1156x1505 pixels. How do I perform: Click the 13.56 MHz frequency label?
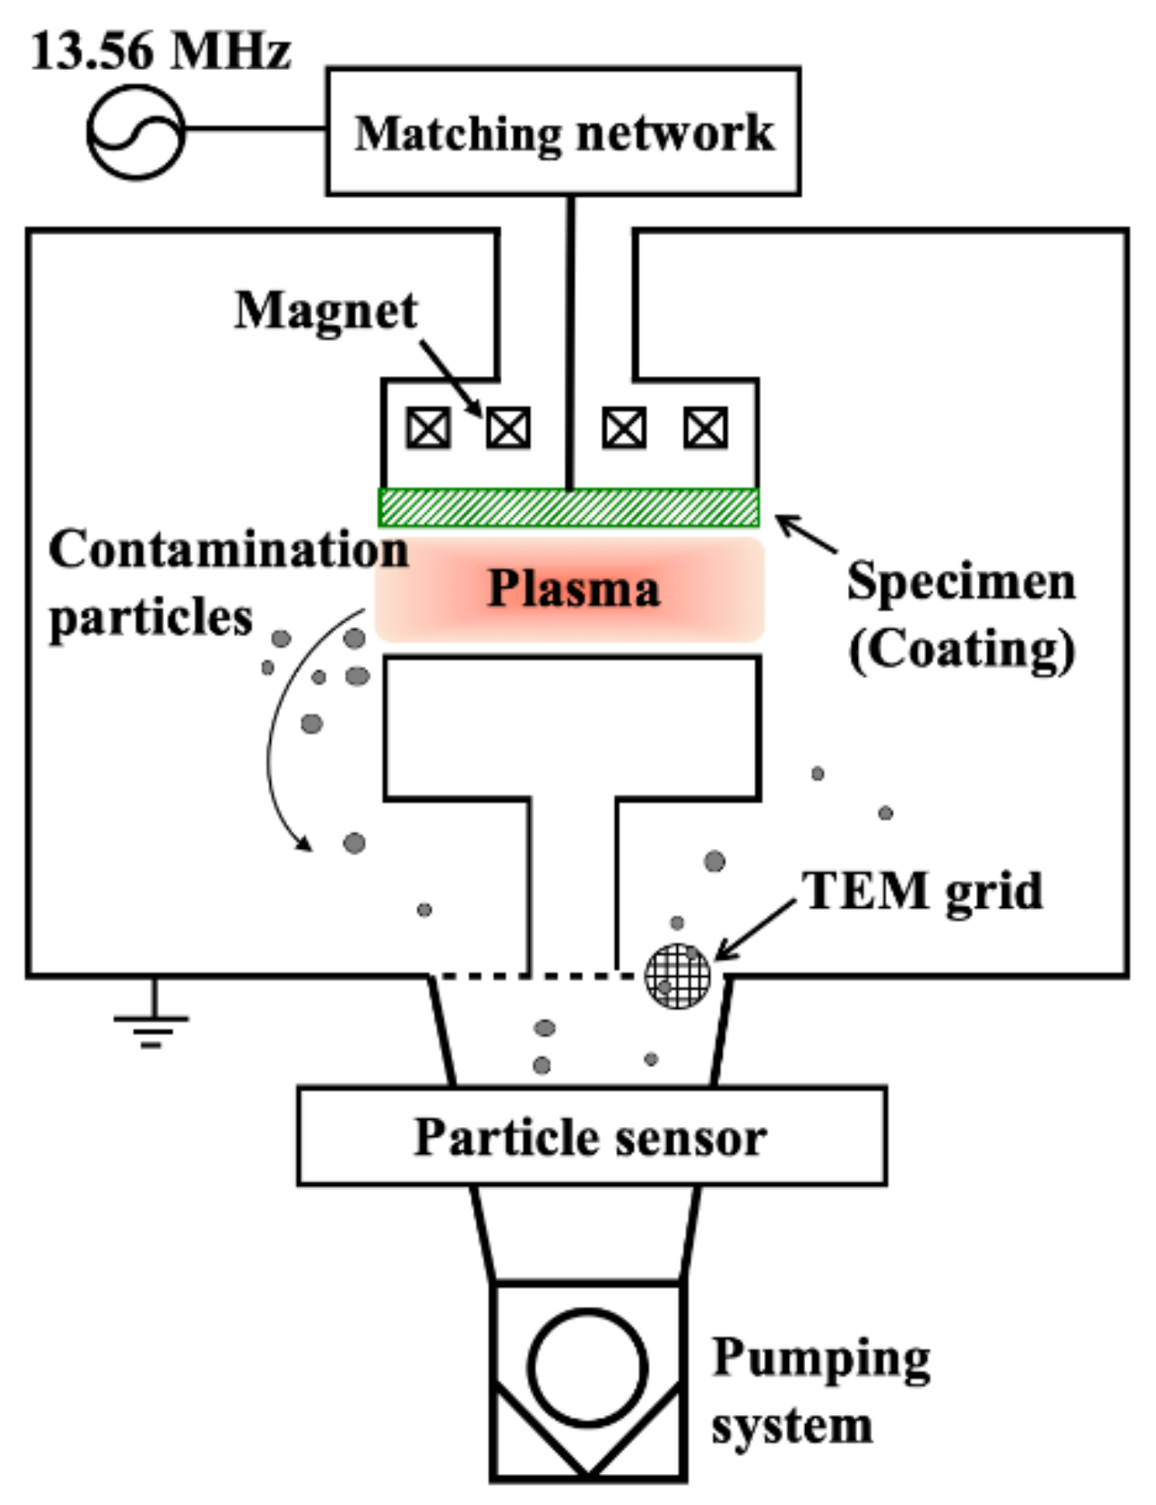coord(161,51)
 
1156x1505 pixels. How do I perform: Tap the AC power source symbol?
coord(135,132)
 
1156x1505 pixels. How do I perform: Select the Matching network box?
coord(563,131)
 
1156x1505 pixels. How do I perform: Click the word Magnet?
coord(325,311)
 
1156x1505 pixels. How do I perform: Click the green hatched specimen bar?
coord(568,507)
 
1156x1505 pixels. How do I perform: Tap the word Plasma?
coord(573,589)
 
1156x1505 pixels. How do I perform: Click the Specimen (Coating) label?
coord(961,614)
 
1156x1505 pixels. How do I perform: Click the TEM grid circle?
coord(678,975)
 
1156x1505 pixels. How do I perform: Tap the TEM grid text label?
coord(922,891)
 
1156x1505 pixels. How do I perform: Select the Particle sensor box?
coord(591,1136)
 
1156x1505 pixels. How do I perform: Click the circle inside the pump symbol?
coord(587,1367)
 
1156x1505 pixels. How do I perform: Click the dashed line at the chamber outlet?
coord(527,976)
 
